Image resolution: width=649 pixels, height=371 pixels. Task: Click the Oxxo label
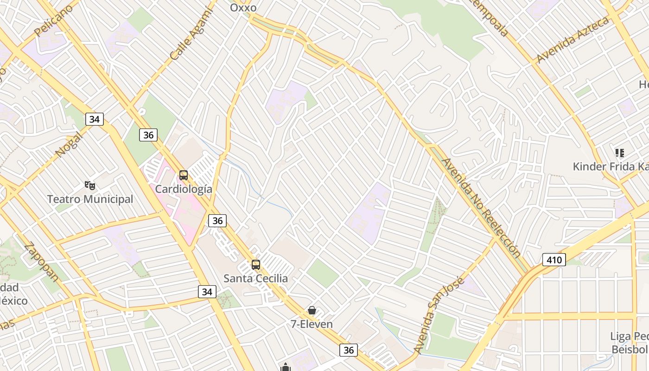pos(243,7)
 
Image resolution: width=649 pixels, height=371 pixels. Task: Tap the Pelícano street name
pos(54,21)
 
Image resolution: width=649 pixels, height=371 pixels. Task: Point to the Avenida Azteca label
pos(572,40)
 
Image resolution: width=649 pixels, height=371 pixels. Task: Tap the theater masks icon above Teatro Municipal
pos(90,185)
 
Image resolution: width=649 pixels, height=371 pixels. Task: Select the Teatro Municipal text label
pos(90,199)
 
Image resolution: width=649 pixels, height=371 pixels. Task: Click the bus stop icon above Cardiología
pos(184,175)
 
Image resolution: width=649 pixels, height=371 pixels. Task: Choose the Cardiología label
pos(184,189)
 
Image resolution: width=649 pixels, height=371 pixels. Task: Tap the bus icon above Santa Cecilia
pos(256,265)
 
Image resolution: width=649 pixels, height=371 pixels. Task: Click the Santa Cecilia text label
pos(255,279)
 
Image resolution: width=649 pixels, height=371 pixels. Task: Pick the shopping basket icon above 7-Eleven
pos(312,310)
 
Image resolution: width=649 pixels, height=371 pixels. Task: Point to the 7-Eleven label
pos(312,324)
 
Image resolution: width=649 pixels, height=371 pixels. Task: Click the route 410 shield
pos(554,260)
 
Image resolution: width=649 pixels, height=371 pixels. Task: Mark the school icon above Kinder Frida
pos(619,153)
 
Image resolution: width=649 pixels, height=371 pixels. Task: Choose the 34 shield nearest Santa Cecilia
pos(207,292)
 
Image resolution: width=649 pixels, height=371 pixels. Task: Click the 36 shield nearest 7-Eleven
pos(349,350)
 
